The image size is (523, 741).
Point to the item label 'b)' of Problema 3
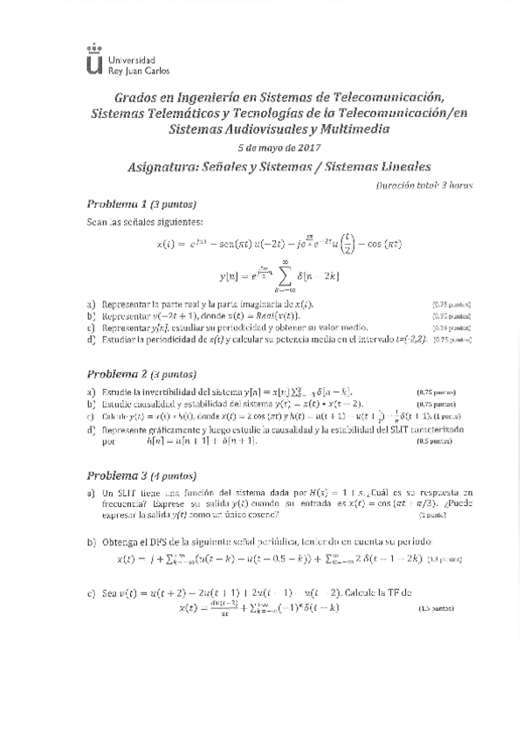coord(91,544)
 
